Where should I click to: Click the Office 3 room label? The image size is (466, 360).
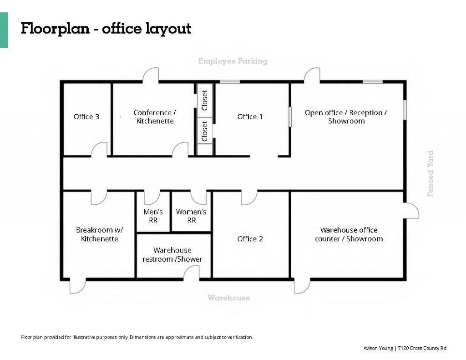tap(86, 117)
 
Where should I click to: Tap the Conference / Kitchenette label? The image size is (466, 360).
tap(155, 117)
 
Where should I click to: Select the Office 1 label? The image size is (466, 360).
tap(250, 117)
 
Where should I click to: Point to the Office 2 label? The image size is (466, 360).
tap(250, 239)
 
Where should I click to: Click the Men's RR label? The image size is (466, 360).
tap(153, 216)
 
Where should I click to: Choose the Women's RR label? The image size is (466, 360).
tap(191, 216)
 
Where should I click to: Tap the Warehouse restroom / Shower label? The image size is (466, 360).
tap(172, 255)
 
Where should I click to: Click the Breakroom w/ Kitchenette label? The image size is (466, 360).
tap(99, 234)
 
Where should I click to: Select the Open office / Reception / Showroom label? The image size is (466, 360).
tap(346, 117)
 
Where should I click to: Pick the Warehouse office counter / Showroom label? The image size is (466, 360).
tap(349, 234)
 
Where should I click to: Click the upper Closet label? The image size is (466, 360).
tap(204, 100)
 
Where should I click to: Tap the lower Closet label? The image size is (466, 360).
tap(204, 131)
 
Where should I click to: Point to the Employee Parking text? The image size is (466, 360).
tap(233, 61)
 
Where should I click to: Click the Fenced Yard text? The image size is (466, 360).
tap(431, 173)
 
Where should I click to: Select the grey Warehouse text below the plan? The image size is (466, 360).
tap(229, 298)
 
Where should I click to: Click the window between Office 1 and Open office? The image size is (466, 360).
tap(290, 117)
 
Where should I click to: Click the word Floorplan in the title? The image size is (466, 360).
tap(55, 29)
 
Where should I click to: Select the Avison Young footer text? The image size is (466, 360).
tap(405, 348)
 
